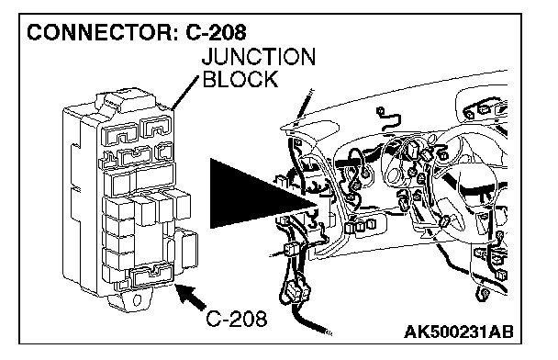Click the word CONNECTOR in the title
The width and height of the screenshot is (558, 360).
coord(100,32)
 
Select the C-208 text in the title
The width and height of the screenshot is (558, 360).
coord(216,32)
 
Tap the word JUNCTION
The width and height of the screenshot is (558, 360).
coord(259,57)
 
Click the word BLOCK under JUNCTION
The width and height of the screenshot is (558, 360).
coord(240,79)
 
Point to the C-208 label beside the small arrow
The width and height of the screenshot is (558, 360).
coord(237,319)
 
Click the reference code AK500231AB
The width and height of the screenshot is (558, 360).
coord(459,332)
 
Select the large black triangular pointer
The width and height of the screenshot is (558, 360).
coord(263,194)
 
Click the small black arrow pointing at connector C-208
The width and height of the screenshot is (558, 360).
coord(191,297)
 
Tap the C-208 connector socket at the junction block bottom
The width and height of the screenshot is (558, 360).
coord(151,276)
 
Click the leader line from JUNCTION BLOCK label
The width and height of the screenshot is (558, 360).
coord(184,93)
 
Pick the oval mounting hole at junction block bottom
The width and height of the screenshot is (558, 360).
coord(137,299)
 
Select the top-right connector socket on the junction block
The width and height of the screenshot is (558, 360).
coord(156,127)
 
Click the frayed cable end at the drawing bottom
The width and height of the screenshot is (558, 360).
coord(327,332)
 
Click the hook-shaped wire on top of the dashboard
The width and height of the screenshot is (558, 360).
coord(389,119)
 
